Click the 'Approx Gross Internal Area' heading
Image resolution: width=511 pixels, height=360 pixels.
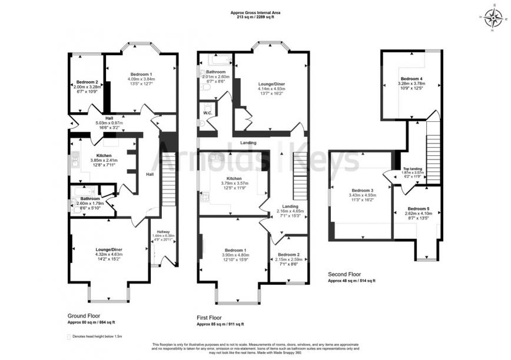click(x=255, y=12)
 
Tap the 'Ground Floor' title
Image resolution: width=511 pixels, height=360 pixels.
click(x=83, y=315)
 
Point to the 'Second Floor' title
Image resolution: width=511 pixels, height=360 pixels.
click(x=344, y=274)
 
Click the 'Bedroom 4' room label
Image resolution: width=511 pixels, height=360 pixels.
click(x=412, y=78)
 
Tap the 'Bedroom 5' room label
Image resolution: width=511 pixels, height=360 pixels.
click(x=419, y=208)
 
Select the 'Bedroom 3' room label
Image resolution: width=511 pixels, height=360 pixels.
click(x=363, y=191)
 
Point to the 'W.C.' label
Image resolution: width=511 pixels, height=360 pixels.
click(x=207, y=112)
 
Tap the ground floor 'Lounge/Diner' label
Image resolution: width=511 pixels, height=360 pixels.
click(x=109, y=249)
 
